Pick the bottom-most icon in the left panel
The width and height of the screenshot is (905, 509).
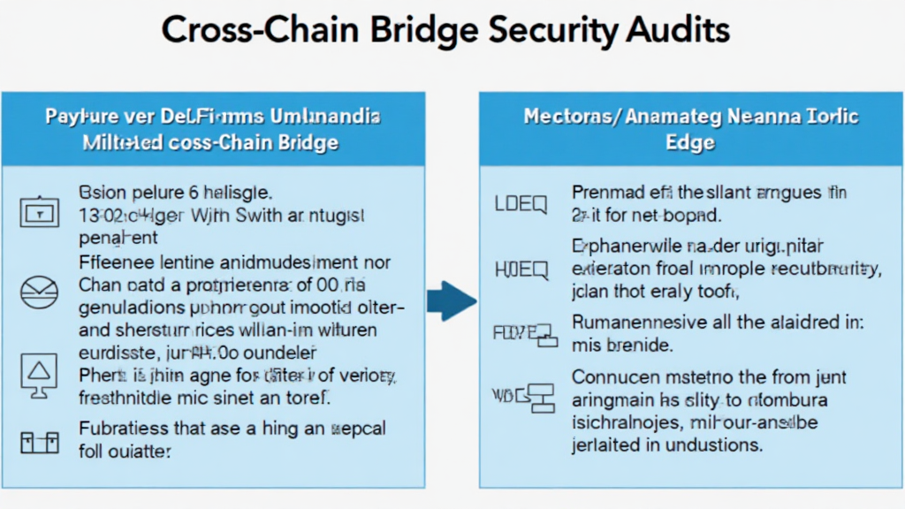pos(37,440)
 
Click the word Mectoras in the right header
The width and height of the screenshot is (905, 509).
pos(564,117)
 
